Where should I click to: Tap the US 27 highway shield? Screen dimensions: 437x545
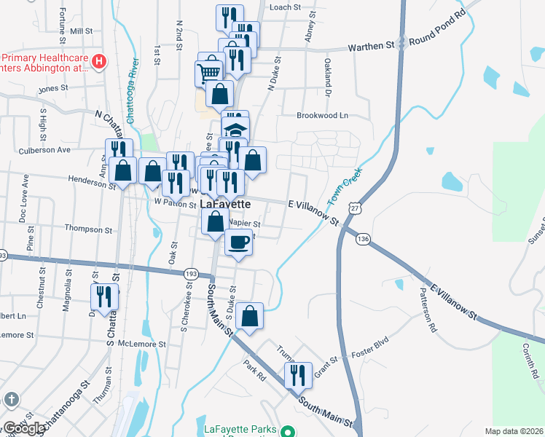(354, 208)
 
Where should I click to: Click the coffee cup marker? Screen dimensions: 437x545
(238, 243)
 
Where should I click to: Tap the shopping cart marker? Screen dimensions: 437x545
(208, 73)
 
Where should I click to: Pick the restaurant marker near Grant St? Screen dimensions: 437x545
(297, 376)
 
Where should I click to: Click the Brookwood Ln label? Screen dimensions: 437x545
(322, 116)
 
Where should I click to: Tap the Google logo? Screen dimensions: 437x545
(24, 428)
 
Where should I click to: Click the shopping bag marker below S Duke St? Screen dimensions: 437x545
(249, 316)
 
